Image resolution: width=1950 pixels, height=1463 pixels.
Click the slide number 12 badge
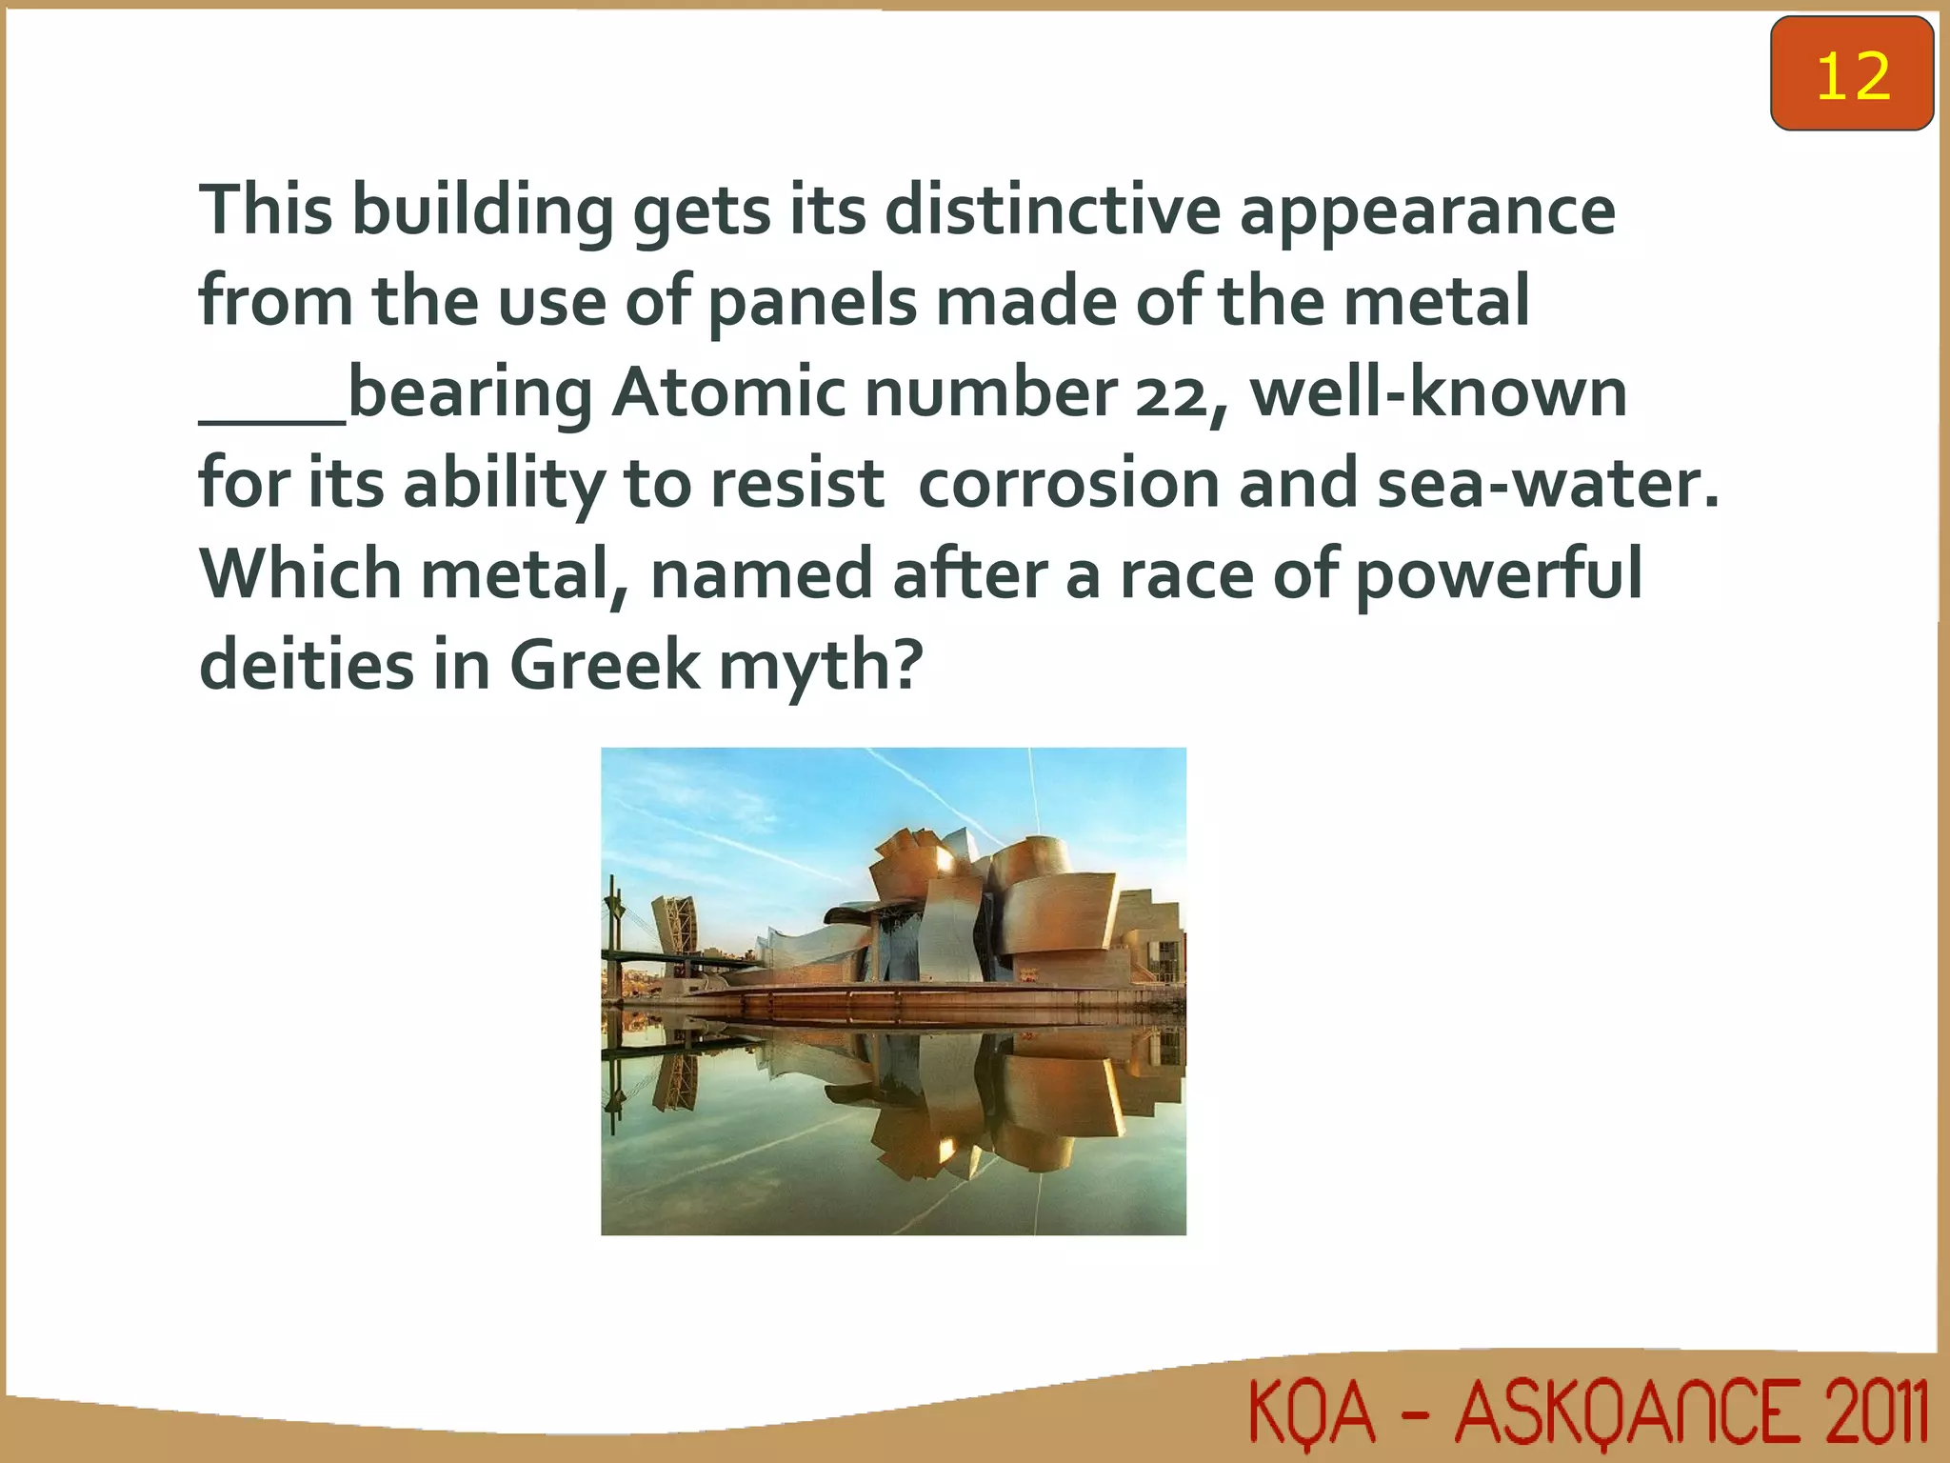1851,74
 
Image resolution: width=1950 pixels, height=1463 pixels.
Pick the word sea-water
1548,483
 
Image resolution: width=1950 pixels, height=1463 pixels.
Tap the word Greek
605,665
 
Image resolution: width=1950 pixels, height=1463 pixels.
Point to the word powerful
1499,575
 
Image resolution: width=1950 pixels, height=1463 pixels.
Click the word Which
301,574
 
